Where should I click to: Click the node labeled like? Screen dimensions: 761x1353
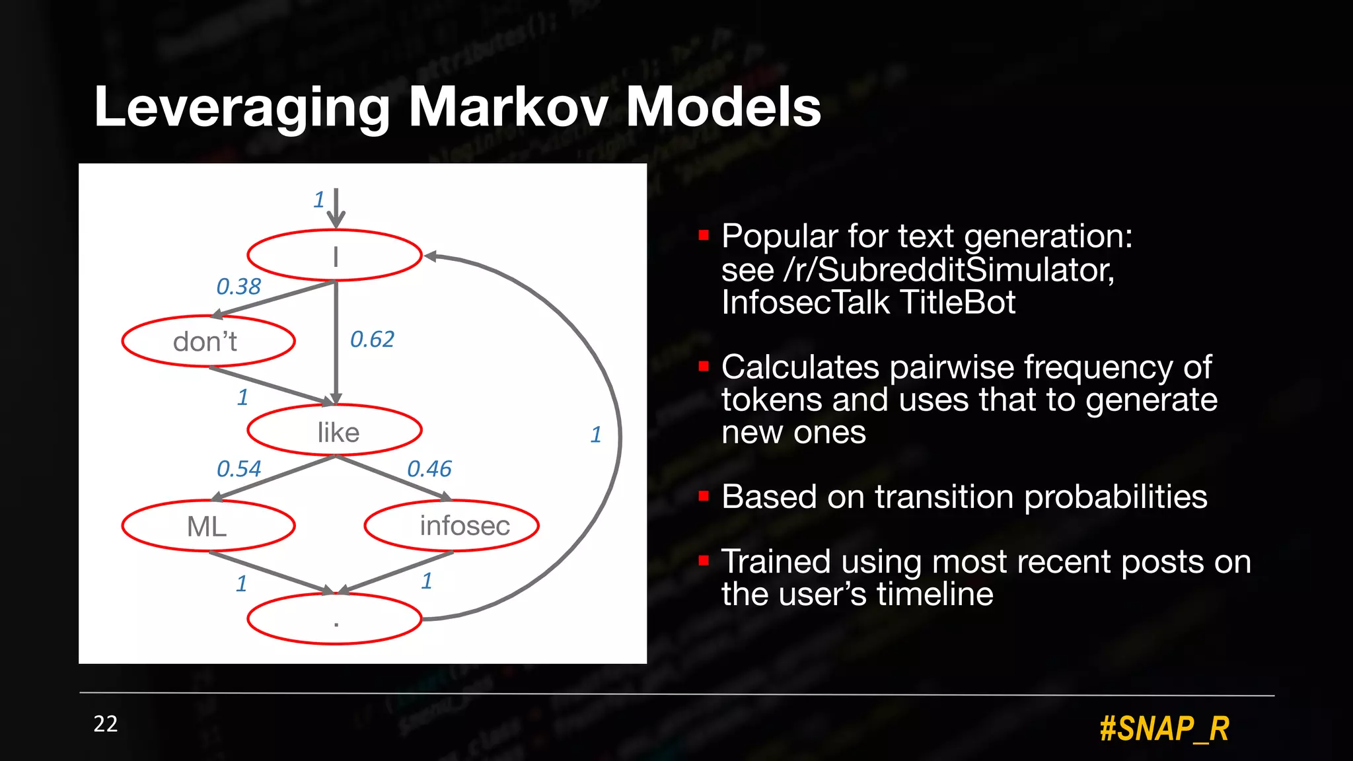pos(335,431)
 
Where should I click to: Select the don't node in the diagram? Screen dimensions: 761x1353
pos(208,342)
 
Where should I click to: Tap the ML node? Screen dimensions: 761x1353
pos(208,526)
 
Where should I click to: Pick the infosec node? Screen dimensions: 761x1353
pos(452,526)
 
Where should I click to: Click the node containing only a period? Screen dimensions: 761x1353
pos(335,619)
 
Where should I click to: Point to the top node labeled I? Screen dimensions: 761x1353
pos(335,256)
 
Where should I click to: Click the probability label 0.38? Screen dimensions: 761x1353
pos(238,287)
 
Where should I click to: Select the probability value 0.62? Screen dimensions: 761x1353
pos(372,340)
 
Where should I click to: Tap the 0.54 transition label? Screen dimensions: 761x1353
pos(238,469)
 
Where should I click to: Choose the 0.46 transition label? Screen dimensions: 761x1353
pos(429,469)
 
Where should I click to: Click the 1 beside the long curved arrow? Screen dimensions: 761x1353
pos(595,435)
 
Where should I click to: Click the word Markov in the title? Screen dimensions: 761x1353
pos(507,107)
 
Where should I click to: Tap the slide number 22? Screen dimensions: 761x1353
pos(106,724)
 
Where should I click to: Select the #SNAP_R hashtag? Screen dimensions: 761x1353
pos(1164,729)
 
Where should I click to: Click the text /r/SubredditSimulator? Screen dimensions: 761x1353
pos(949,270)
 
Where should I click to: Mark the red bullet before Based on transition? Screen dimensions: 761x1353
pos(704,496)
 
